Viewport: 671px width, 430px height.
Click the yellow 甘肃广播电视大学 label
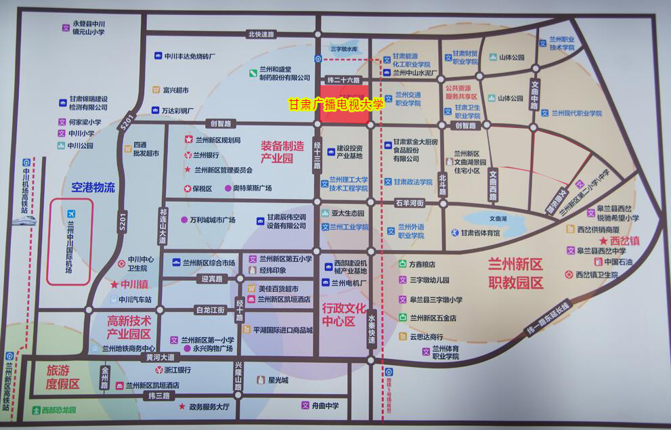(x=336, y=104)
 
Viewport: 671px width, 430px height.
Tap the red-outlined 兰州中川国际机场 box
(x=69, y=242)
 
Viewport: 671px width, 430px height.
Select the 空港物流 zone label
(x=92, y=187)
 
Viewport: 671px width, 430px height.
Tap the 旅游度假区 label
(x=63, y=377)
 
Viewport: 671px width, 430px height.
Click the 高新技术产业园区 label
(x=129, y=325)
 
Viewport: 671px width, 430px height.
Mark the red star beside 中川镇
(x=114, y=285)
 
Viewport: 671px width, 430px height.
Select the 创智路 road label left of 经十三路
(x=220, y=123)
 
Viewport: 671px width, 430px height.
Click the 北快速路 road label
(x=261, y=34)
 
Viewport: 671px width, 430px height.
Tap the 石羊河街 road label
(x=409, y=202)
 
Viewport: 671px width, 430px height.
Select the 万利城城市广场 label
(x=212, y=219)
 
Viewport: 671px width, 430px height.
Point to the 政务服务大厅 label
(x=209, y=406)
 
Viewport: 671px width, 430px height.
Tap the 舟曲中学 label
(x=325, y=405)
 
